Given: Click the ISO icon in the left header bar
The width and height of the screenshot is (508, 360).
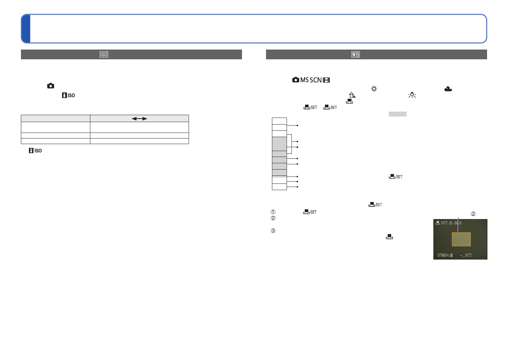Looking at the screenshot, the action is click(104, 54).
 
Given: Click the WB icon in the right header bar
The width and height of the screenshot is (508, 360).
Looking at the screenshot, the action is click(355, 54).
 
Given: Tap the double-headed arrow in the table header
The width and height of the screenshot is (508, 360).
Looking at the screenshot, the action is click(139, 119).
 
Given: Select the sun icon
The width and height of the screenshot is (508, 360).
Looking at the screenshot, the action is click(374, 89).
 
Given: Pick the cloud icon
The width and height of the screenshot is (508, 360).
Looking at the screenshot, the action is click(448, 89).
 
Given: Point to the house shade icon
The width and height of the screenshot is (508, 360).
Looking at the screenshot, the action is click(352, 95).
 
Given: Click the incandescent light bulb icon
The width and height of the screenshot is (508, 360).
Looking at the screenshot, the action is click(412, 95).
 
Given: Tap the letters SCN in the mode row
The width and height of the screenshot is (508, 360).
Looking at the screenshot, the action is click(316, 80).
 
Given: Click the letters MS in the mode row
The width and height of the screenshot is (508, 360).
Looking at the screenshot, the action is click(304, 80).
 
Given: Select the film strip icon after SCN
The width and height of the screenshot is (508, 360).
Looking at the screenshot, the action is click(326, 80).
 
